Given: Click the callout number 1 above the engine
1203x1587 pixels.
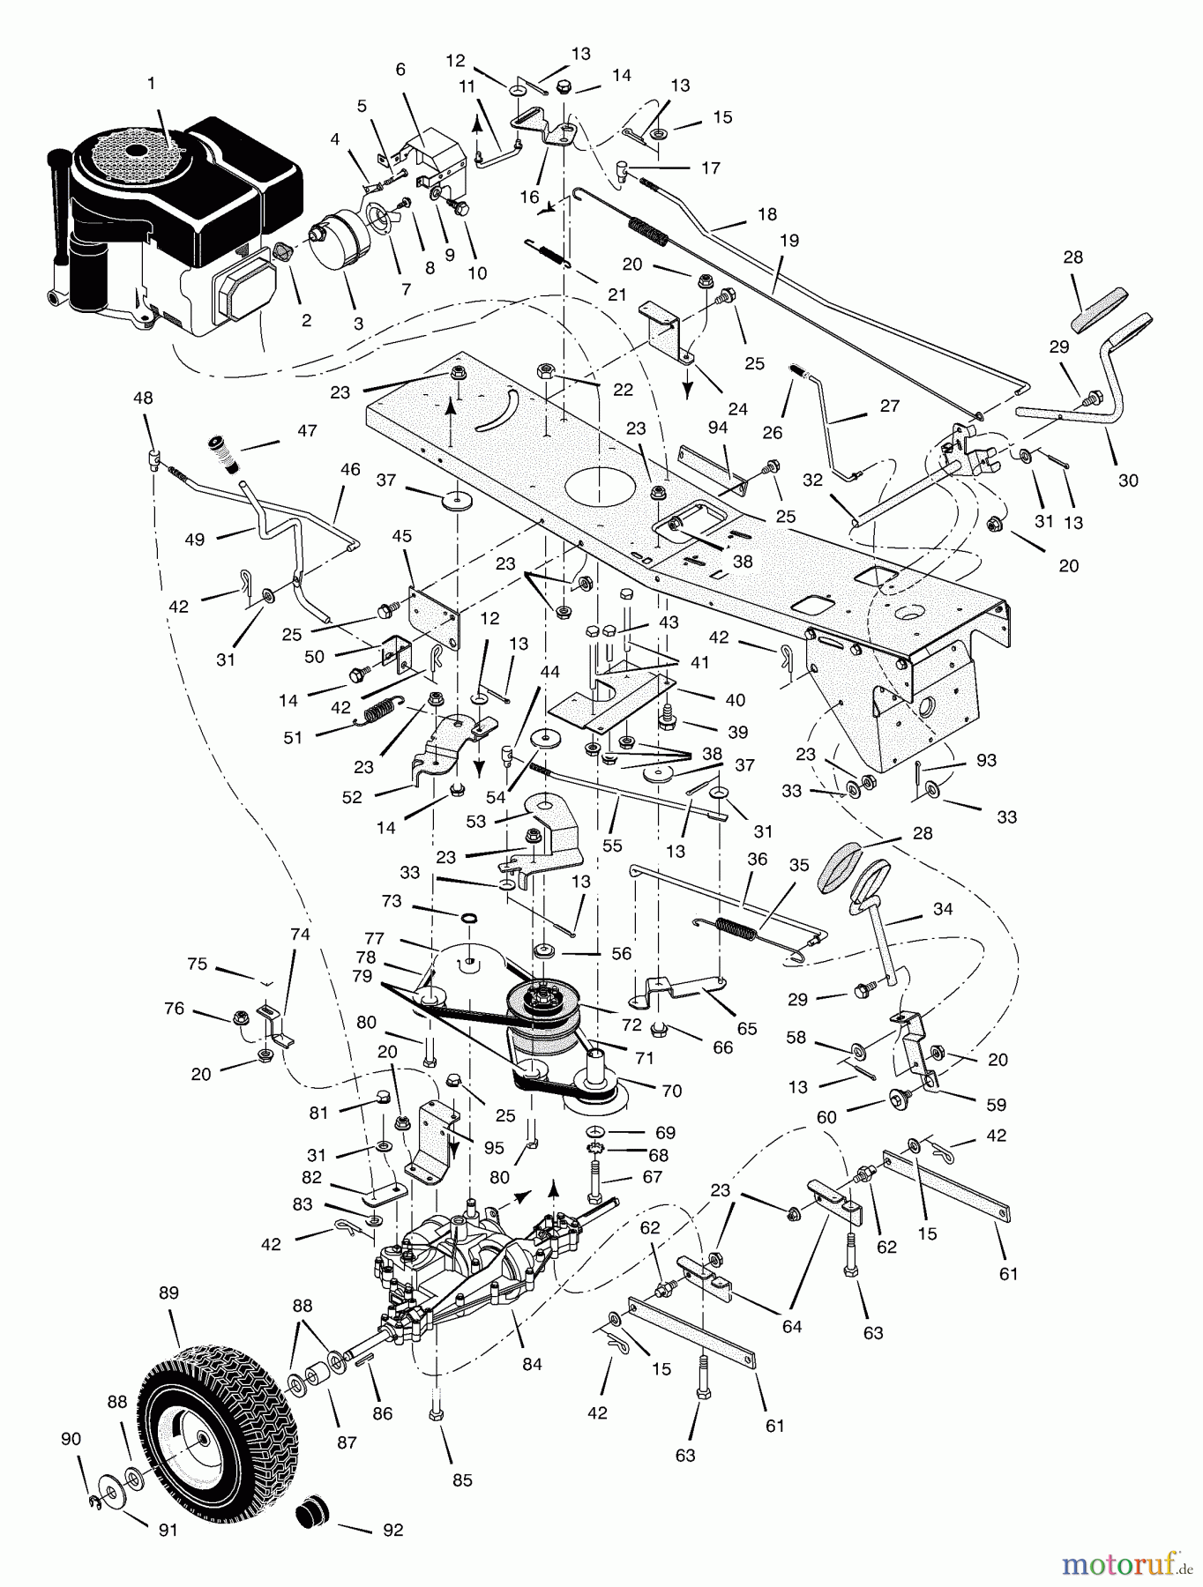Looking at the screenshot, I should click(x=151, y=84).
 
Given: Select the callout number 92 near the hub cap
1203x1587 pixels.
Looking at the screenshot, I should click(x=392, y=1531).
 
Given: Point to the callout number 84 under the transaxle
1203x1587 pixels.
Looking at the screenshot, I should click(x=532, y=1365).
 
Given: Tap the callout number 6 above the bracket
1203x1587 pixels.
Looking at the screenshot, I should click(x=400, y=70).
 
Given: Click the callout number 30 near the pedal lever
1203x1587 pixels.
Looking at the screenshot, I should click(x=1128, y=481).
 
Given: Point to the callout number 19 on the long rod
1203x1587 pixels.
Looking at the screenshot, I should click(x=788, y=241).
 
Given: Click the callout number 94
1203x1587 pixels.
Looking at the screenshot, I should click(x=718, y=428).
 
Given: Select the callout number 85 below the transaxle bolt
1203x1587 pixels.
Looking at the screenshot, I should click(x=462, y=1480).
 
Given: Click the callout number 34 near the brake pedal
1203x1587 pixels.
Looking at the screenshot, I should click(x=943, y=909).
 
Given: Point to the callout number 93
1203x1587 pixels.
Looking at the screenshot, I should click(x=986, y=760).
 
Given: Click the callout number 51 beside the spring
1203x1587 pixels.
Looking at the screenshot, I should click(x=293, y=738).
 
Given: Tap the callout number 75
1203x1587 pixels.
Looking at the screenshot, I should click(x=198, y=965).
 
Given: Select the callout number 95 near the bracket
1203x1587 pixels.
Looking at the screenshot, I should click(x=494, y=1148).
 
